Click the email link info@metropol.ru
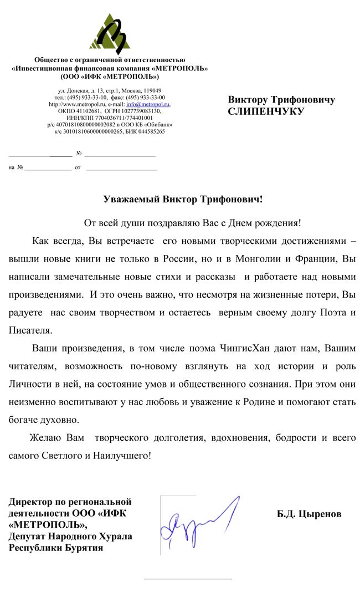148,104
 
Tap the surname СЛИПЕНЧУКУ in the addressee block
266,111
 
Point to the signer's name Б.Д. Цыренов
309,514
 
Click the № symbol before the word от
20,167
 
